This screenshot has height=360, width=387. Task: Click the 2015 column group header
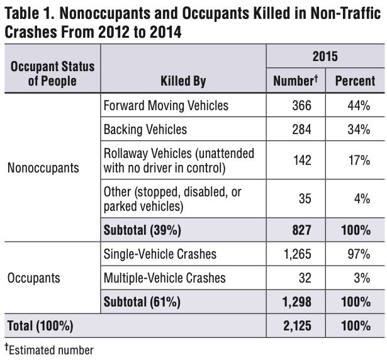(x=325, y=56)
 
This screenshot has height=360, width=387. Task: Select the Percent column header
(x=355, y=81)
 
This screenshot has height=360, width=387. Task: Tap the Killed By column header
(x=183, y=81)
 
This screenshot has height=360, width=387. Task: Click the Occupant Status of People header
(x=52, y=74)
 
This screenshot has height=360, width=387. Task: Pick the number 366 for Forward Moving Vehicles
(x=301, y=106)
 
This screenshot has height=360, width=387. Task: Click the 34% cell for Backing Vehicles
(x=359, y=130)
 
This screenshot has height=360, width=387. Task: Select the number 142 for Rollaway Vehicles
(x=302, y=160)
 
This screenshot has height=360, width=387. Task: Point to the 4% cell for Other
(x=362, y=198)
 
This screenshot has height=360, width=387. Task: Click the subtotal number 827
(x=301, y=230)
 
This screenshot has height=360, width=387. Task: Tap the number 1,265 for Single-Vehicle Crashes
(x=298, y=254)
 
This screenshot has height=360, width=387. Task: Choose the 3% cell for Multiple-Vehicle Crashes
(x=362, y=278)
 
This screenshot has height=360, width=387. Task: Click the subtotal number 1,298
(x=297, y=301)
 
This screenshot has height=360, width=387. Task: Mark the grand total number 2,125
(x=297, y=325)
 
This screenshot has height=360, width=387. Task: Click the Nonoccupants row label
(x=43, y=168)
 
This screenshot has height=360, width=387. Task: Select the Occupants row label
(x=34, y=278)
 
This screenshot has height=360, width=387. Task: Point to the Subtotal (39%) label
(x=142, y=230)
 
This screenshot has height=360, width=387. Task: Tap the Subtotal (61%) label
(x=142, y=301)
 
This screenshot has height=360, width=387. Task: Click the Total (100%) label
(x=40, y=325)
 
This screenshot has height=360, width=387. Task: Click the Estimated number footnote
(x=49, y=350)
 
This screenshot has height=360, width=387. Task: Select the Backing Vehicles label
(x=145, y=130)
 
